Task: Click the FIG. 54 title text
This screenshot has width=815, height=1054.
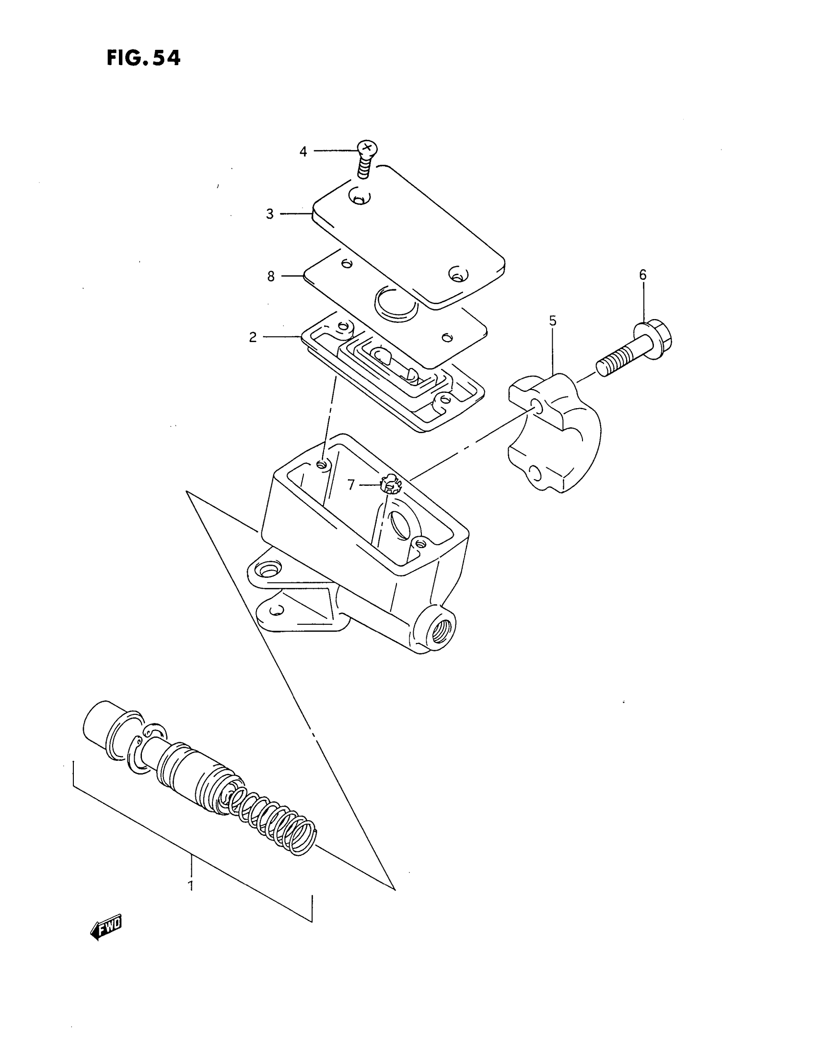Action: [x=143, y=58]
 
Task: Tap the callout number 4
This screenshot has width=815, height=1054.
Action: [x=303, y=151]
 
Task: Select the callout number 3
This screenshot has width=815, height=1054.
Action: [x=270, y=214]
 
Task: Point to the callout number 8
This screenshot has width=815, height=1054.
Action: [x=271, y=276]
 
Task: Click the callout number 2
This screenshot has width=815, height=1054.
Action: [x=253, y=337]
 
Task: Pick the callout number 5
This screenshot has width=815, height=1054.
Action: [x=553, y=321]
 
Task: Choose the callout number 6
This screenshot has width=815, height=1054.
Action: [x=642, y=275]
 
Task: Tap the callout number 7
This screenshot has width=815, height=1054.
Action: [x=351, y=484]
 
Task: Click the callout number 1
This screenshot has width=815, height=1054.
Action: [x=191, y=886]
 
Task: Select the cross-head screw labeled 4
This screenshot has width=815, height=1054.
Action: [x=366, y=159]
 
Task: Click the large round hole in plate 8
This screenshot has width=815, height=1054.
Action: [x=395, y=305]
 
